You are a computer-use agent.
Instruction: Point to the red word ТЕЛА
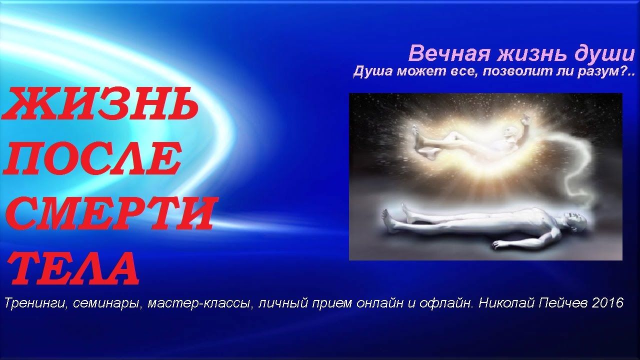coord(75,267)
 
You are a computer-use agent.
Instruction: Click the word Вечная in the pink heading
coord(449,53)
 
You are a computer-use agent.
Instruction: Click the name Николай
coord(506,303)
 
